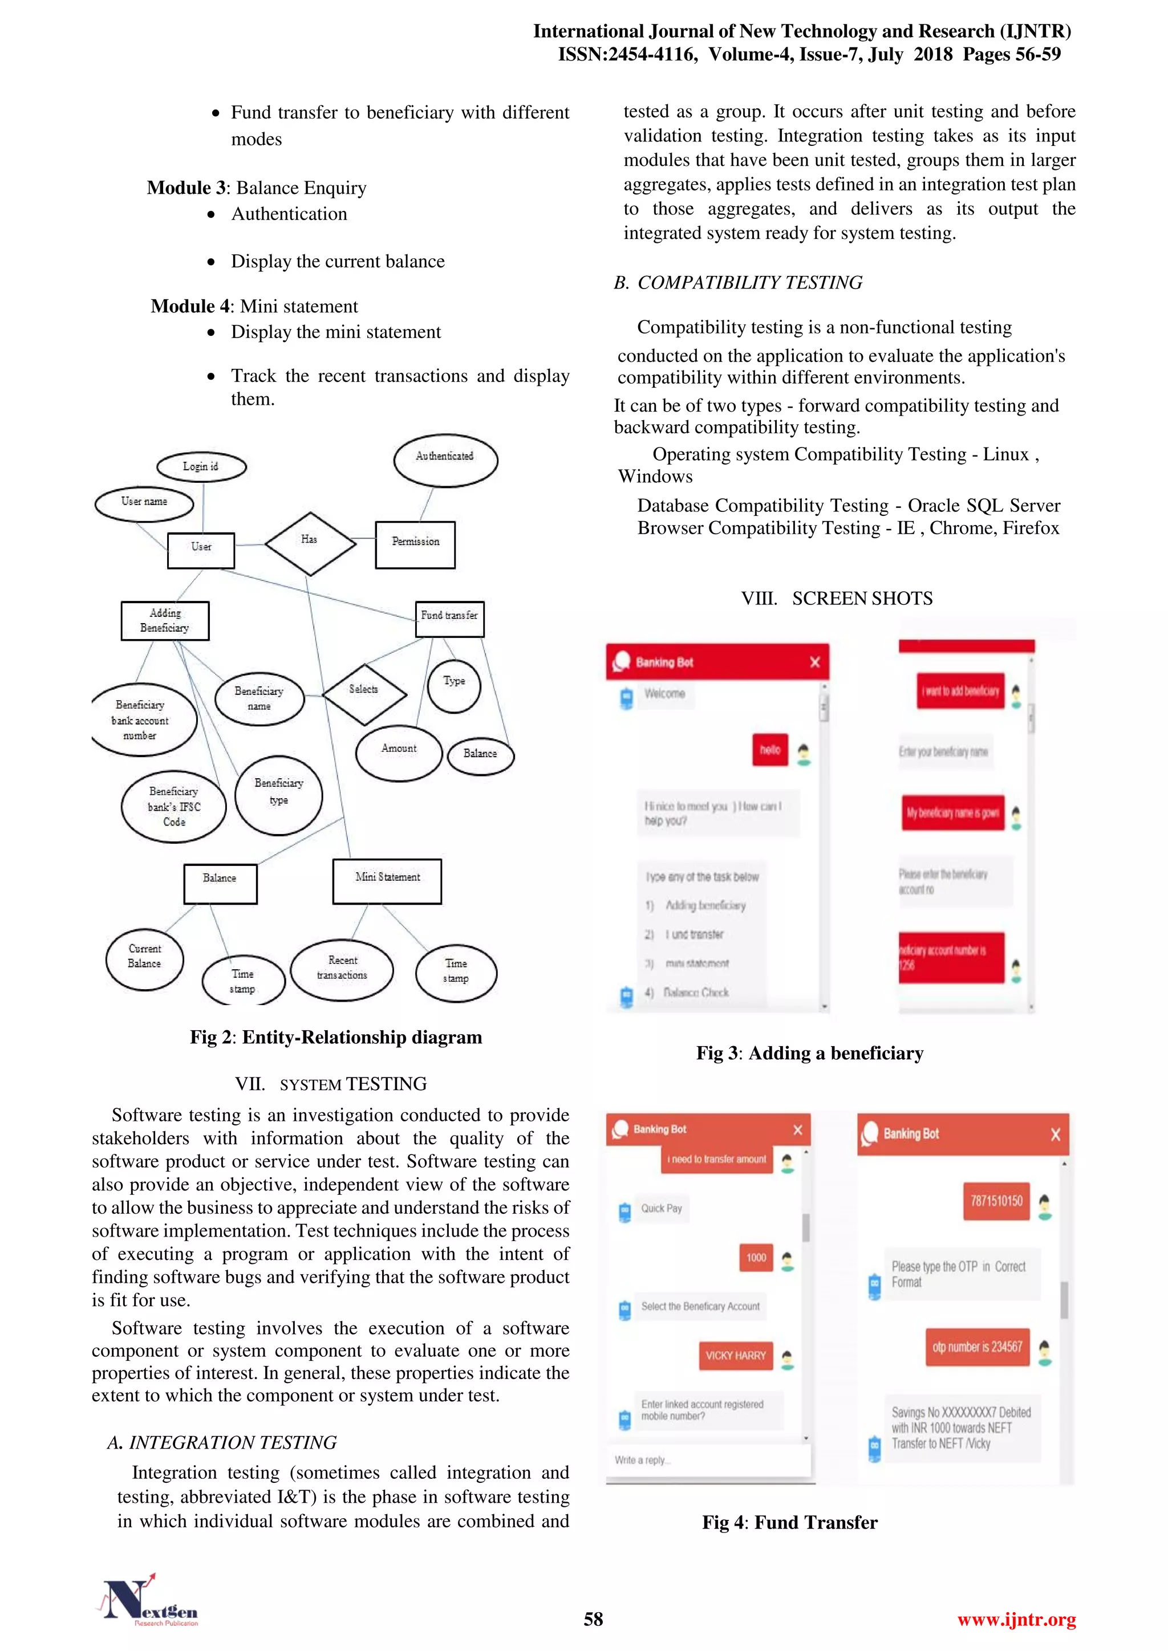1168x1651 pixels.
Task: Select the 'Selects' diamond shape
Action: click(364, 693)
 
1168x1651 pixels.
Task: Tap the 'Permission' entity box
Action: click(415, 544)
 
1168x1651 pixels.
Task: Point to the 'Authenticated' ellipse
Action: click(445, 459)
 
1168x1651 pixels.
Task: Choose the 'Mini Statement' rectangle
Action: click(387, 880)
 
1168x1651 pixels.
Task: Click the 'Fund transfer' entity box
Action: click(449, 619)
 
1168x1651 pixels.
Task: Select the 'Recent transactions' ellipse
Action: click(342, 969)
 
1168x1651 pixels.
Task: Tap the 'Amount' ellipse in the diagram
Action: click(399, 751)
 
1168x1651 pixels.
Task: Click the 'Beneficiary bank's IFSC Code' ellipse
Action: click(173, 807)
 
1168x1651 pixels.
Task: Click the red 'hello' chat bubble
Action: click(769, 750)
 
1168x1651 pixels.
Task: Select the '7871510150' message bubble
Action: click(996, 1201)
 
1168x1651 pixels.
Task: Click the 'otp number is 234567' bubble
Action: click(977, 1347)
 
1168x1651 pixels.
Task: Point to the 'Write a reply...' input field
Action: click(708, 1461)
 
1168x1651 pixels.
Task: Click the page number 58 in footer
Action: click(593, 1619)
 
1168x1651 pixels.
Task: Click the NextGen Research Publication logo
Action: click(149, 1600)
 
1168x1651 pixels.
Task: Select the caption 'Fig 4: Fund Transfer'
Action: click(790, 1522)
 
